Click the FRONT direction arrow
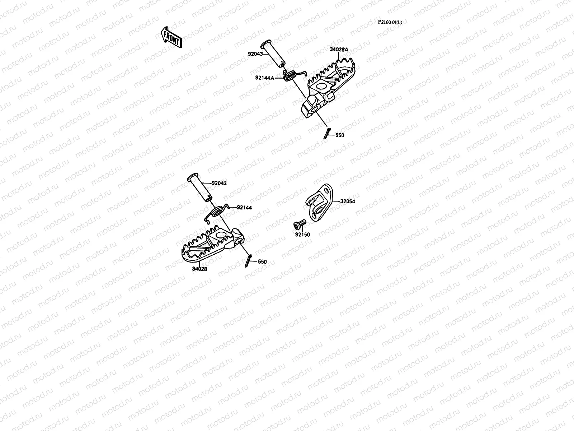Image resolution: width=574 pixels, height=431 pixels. point(171,37)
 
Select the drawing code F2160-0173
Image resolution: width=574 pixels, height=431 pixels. point(390,23)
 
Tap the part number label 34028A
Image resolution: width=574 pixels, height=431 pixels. point(339,49)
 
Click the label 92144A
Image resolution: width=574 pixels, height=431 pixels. point(265,78)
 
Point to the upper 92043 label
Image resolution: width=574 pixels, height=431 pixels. point(255,54)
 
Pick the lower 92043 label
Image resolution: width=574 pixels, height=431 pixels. point(219,183)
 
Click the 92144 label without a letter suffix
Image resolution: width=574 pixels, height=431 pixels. point(244,208)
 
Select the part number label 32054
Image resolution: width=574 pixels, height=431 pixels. point(348,201)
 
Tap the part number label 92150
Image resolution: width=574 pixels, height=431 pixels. point(302,235)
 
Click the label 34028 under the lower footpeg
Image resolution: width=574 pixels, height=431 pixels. point(199,269)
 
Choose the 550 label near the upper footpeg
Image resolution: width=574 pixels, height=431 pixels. point(340,135)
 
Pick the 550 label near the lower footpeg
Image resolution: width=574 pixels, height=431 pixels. point(262,262)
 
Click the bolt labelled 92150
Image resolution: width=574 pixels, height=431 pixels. point(300,224)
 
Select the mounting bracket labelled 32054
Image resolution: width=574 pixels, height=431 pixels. point(319,202)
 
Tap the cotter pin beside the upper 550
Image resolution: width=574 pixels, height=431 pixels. point(327,133)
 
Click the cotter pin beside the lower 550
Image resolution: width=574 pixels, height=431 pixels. point(248,261)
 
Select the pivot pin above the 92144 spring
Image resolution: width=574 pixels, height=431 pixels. point(200,187)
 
